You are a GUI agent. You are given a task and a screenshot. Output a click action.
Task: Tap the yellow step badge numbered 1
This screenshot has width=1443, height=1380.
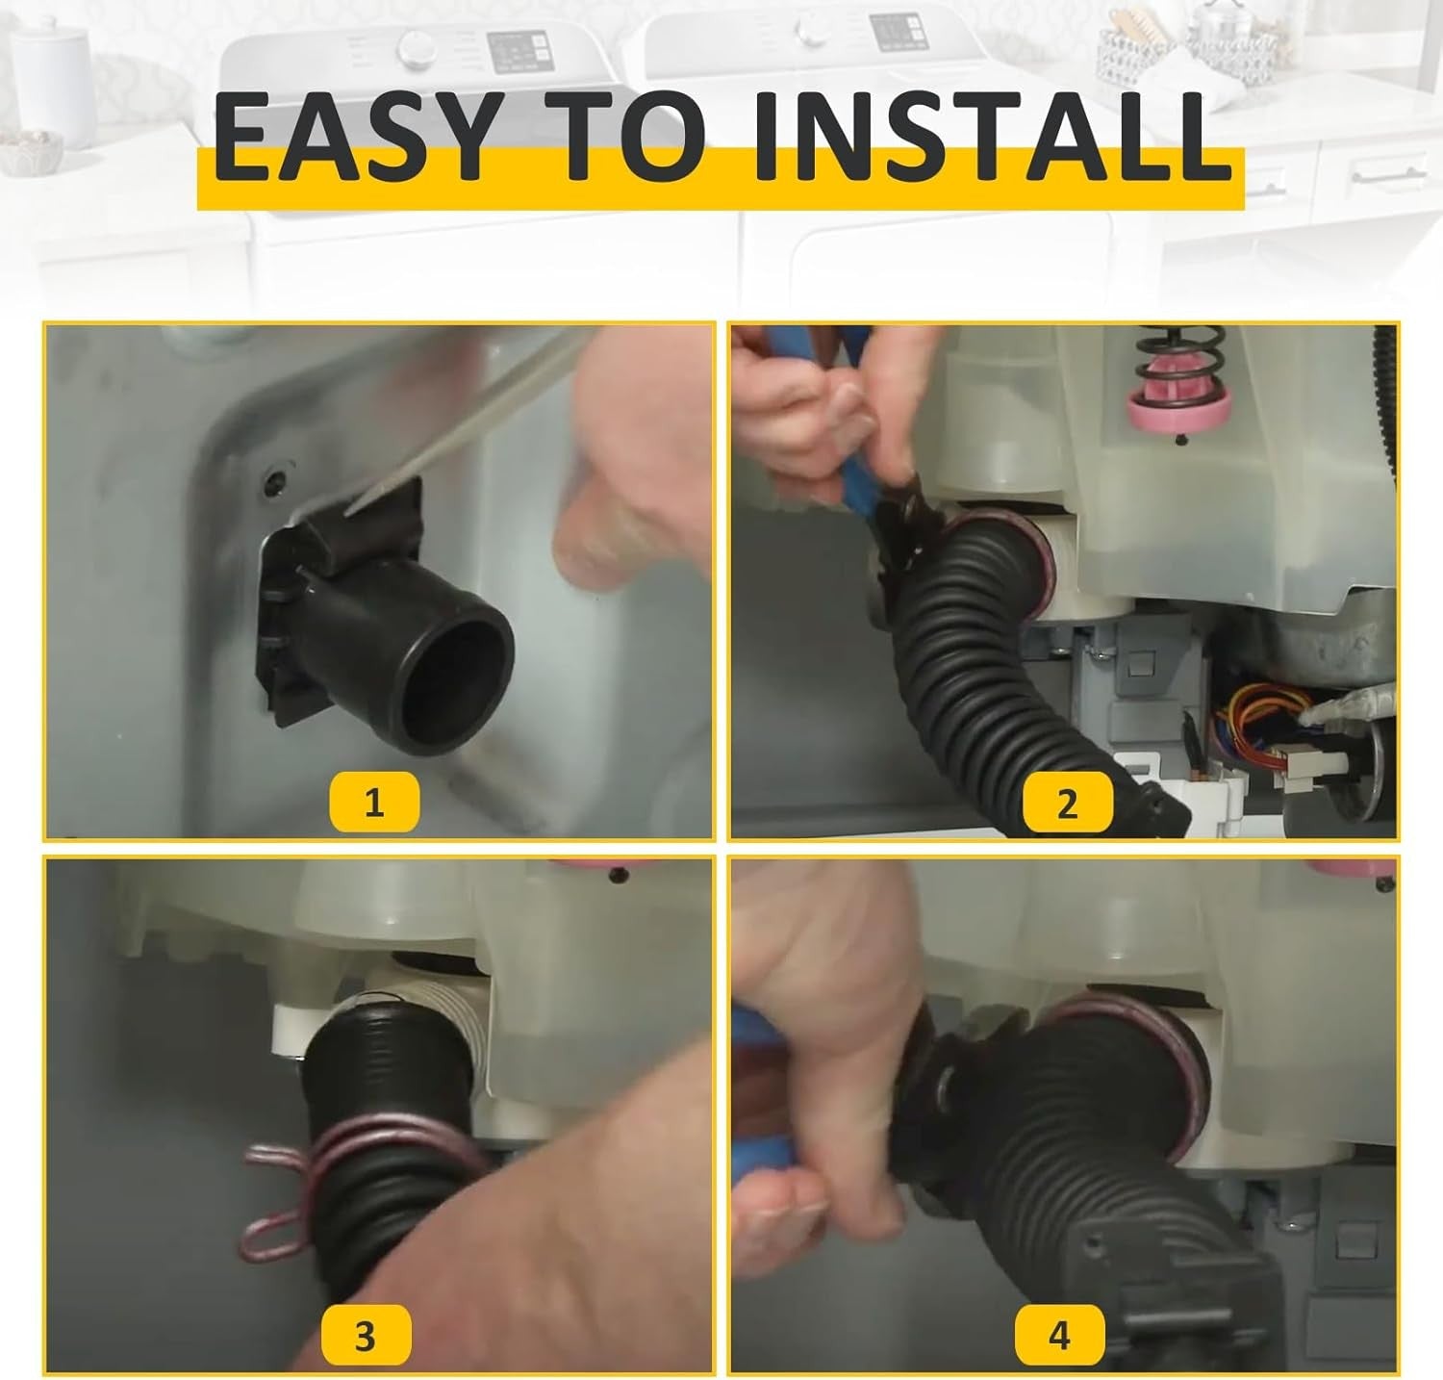click(373, 803)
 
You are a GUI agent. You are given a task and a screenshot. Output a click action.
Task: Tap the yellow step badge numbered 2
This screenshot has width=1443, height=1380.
click(1066, 803)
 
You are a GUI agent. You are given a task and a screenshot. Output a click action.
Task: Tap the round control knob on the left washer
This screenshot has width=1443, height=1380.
click(417, 46)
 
